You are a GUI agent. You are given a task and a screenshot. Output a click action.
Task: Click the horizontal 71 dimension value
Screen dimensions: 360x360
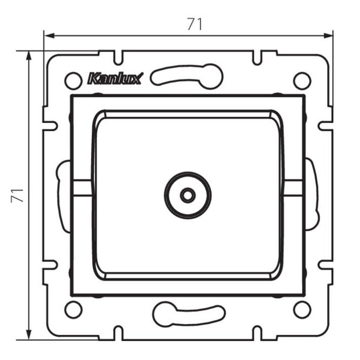[x=195, y=24]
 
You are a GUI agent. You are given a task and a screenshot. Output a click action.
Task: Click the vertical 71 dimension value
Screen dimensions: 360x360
[x=17, y=196]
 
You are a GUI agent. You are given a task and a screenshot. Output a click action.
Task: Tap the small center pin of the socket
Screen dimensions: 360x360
[x=188, y=196]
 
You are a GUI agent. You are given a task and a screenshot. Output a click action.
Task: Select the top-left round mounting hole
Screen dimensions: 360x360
[x=74, y=81]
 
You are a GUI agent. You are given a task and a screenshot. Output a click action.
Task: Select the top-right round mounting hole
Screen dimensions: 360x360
[x=302, y=81]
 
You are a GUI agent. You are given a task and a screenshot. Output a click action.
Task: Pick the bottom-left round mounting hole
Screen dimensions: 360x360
[x=74, y=309]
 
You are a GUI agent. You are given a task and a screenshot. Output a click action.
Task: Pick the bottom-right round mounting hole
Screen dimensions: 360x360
[x=302, y=309]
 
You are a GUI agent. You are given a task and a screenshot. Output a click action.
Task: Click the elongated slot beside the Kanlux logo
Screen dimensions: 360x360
[x=187, y=76]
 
